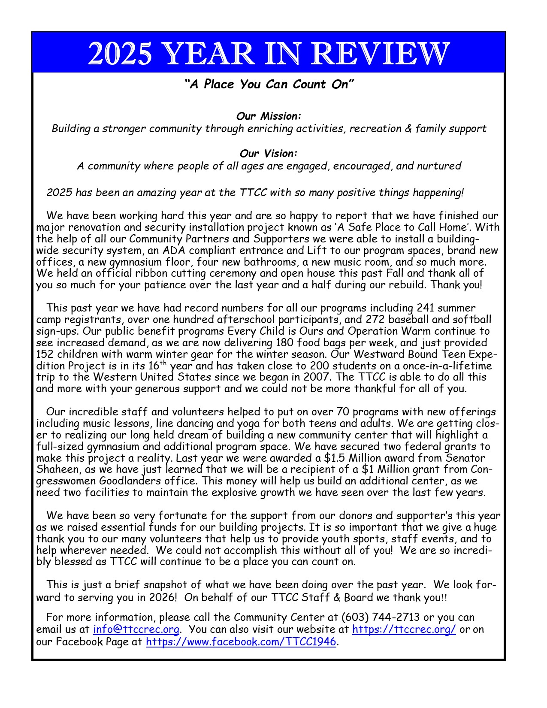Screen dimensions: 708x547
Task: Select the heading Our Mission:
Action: (269, 116)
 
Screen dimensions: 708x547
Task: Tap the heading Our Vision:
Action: (269, 153)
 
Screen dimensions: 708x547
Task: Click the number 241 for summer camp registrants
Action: (426, 308)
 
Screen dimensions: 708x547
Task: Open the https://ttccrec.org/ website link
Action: (404, 630)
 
